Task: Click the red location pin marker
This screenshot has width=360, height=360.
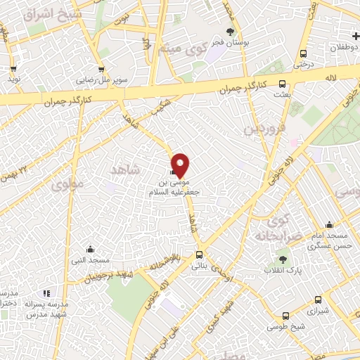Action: click(x=181, y=165)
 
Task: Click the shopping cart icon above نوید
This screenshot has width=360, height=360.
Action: click(x=13, y=69)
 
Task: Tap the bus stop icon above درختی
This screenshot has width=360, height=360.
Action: click(x=303, y=53)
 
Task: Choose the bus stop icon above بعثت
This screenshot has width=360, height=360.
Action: click(x=283, y=83)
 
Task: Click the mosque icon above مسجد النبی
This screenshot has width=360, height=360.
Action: click(x=90, y=249)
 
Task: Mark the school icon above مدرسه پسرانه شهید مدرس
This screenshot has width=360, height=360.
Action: click(x=46, y=293)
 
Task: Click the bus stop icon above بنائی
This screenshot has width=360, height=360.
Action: click(x=199, y=255)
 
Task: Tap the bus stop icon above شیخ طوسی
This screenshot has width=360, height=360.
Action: click(x=285, y=316)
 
